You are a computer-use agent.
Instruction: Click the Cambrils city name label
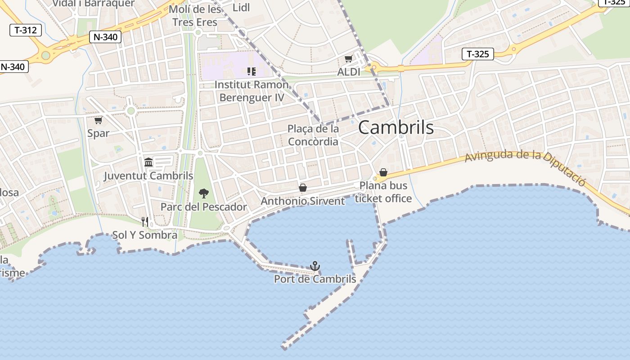coord(396,128)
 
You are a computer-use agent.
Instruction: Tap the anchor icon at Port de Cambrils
coord(315,266)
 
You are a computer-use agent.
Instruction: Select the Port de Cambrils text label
coord(315,279)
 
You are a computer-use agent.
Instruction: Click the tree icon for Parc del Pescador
coord(204,194)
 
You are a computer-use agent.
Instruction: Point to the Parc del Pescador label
coord(204,207)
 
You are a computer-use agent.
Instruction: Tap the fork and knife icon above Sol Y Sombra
coord(145,221)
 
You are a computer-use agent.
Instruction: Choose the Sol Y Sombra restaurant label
coord(145,235)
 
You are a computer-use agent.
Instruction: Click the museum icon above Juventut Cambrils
coord(148,162)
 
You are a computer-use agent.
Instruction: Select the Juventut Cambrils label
coord(148,176)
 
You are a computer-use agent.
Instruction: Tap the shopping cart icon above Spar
coord(98,120)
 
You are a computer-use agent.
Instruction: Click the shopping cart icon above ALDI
coord(348,59)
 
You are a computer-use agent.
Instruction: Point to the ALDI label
coord(349,72)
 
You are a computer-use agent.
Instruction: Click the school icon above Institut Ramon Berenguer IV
coord(252,71)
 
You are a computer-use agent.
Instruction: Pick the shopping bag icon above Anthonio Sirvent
coord(303,188)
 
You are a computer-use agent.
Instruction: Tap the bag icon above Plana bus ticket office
coord(383,172)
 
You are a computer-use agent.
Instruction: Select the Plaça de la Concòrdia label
coord(313,135)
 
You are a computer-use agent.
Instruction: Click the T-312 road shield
coord(26,30)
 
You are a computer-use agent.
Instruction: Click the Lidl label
coord(241,8)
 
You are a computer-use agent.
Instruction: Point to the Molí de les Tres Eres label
coord(195,16)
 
